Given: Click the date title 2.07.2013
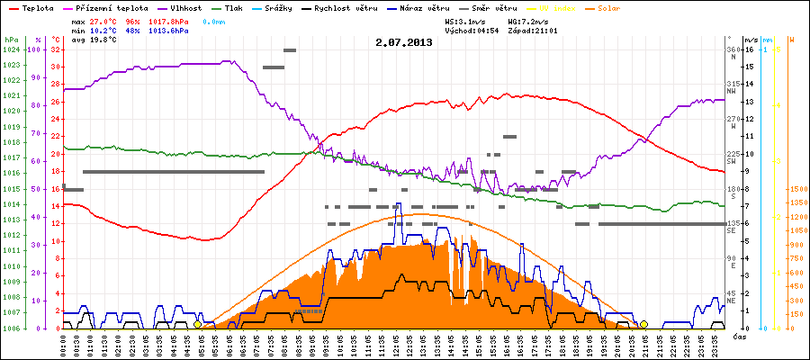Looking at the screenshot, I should point(404,41).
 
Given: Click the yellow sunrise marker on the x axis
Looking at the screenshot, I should point(197,324).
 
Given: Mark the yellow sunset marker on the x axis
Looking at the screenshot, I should point(643,324).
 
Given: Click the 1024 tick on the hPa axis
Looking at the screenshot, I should point(11,49).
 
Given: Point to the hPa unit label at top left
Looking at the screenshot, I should point(11,40).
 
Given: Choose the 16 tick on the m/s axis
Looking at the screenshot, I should point(750,49).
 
